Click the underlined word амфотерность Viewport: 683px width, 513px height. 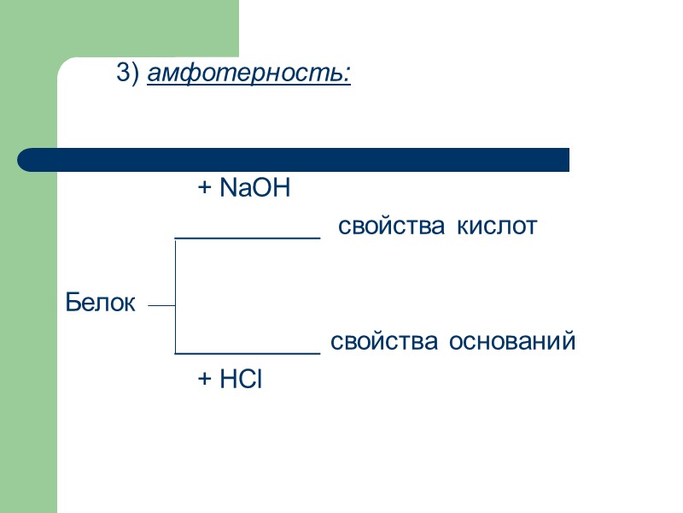pos(248,75)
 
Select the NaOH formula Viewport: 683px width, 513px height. pos(254,188)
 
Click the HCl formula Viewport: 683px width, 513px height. pos(241,380)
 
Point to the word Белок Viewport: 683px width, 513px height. pos(100,303)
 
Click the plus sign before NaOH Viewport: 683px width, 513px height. pos(204,189)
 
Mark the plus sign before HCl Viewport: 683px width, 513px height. pos(204,380)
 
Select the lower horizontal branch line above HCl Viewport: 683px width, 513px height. pos(247,352)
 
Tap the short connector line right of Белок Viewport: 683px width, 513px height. pos(161,305)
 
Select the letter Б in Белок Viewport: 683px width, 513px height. pos(73,303)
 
